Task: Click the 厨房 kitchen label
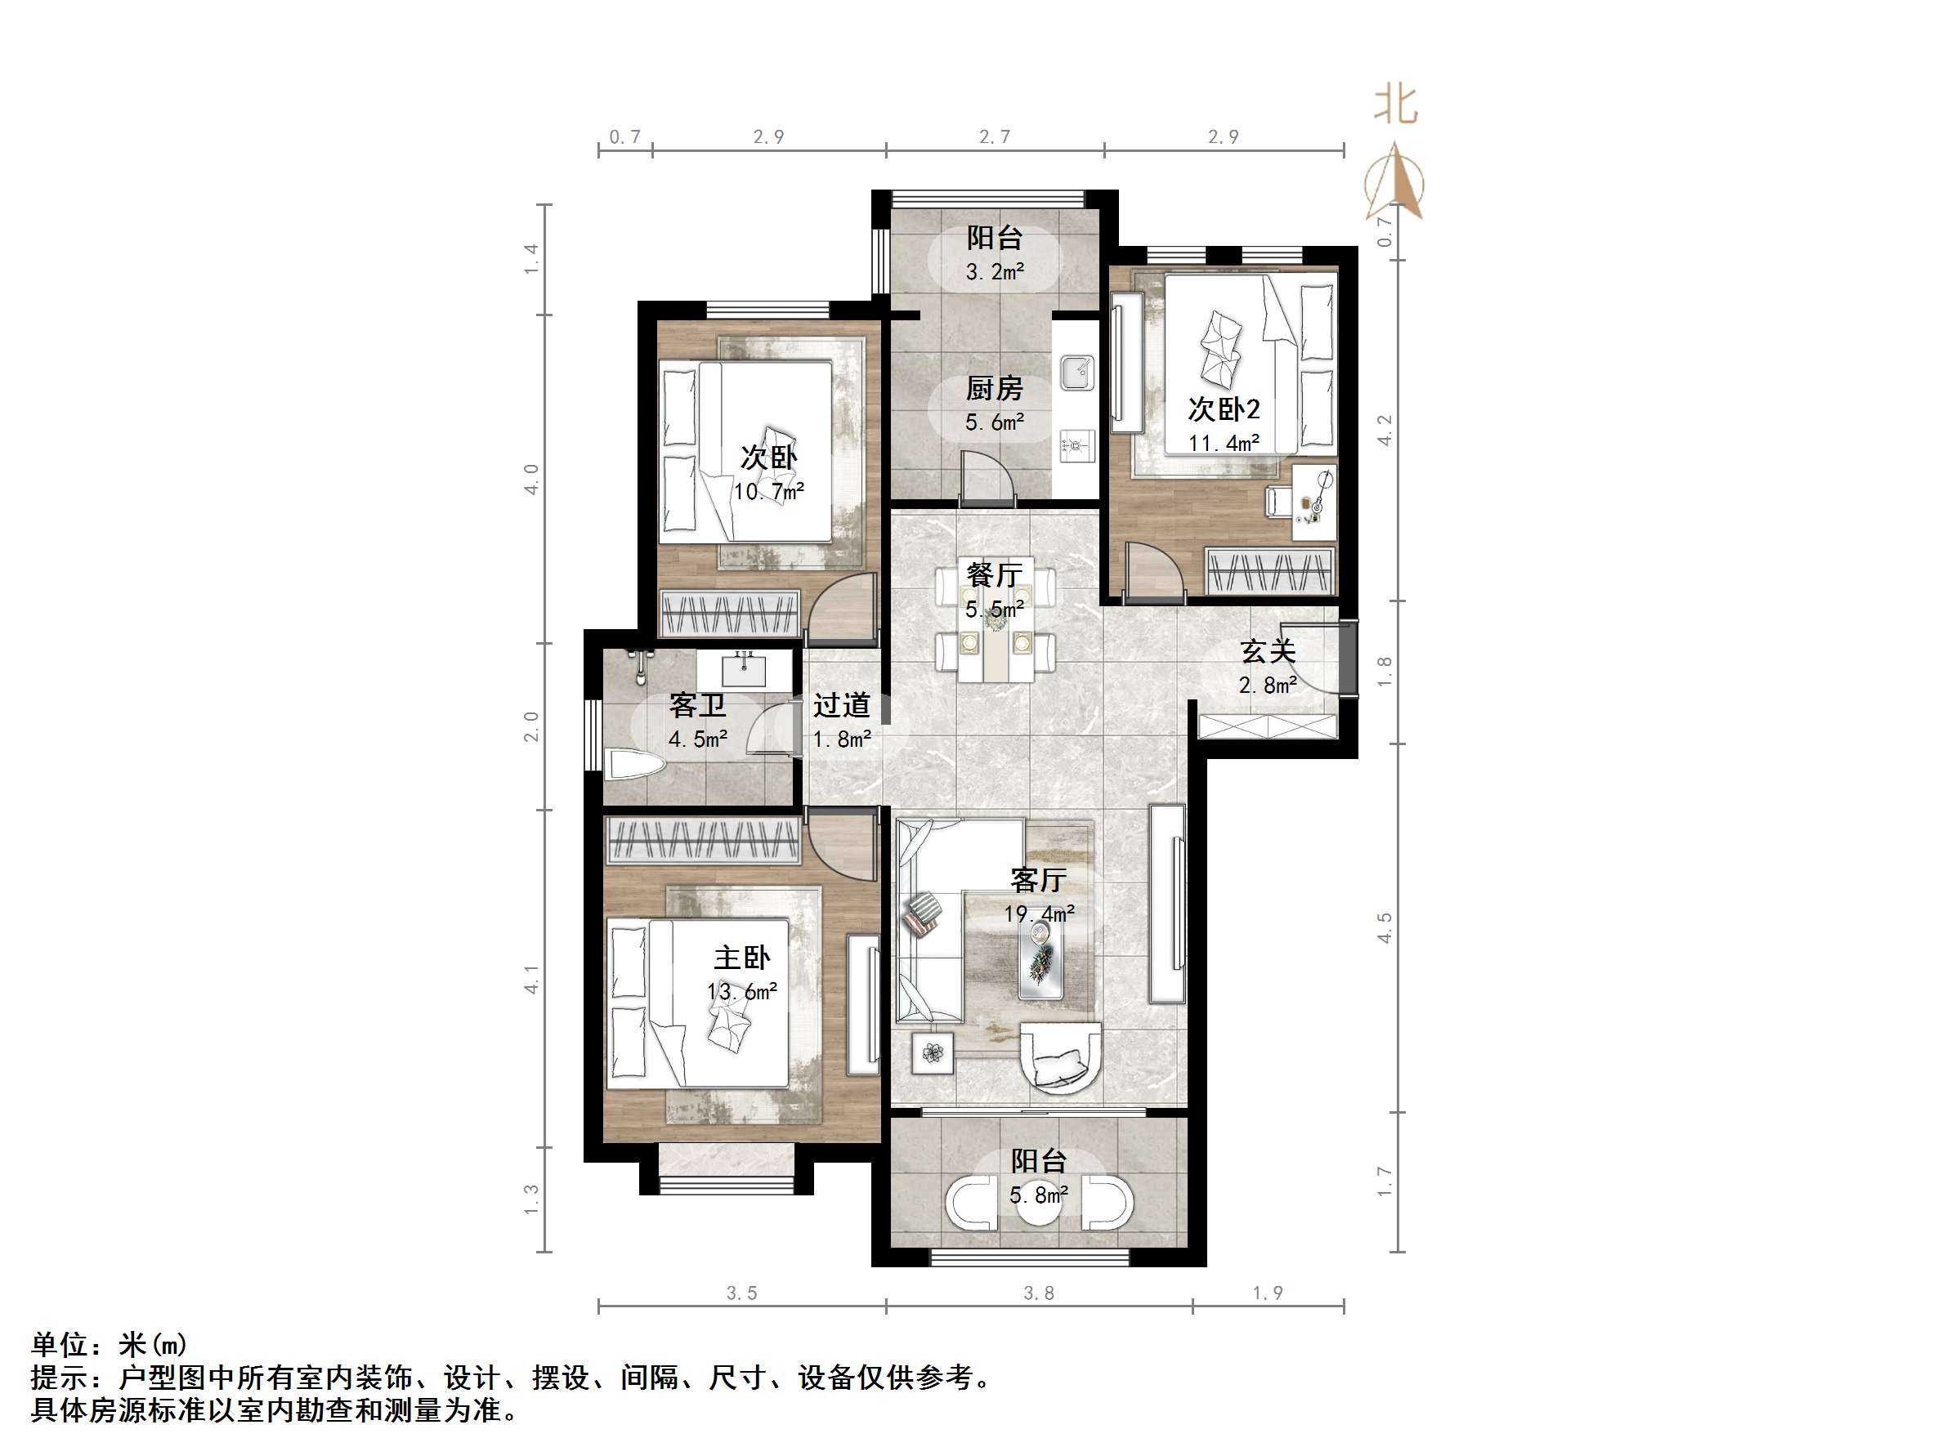(x=994, y=388)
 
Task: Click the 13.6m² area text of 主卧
(x=742, y=992)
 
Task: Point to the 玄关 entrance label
(x=1268, y=651)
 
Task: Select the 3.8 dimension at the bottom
(x=1038, y=1293)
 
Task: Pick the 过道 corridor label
(x=841, y=705)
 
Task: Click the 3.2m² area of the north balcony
(x=994, y=272)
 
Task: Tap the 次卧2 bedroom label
(x=1223, y=409)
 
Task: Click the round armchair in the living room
(x=1061, y=1059)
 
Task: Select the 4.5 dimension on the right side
(x=1385, y=927)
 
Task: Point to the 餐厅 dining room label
(x=994, y=575)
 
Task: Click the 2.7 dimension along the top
(x=994, y=137)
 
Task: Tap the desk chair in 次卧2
(x=1278, y=502)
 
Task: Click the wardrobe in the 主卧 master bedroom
(x=702, y=840)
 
